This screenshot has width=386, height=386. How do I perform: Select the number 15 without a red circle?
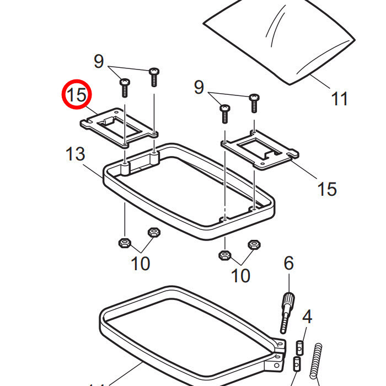(x=326, y=189)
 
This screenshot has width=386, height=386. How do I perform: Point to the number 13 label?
(x=76, y=154)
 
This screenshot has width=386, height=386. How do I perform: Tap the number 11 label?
(x=340, y=99)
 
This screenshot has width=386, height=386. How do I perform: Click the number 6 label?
(x=288, y=264)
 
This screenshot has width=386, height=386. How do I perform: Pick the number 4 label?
(x=307, y=317)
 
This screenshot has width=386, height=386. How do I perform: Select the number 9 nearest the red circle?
(x=99, y=61)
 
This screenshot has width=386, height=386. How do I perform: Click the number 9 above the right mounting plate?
(x=199, y=87)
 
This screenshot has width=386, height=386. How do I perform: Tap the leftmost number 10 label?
(x=141, y=264)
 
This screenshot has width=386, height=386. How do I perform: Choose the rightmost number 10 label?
(x=241, y=275)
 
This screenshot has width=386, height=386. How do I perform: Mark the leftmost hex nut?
(x=124, y=242)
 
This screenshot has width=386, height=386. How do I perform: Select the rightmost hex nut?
(x=254, y=244)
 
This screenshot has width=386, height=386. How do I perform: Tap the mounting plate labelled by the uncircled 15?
(x=259, y=149)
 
